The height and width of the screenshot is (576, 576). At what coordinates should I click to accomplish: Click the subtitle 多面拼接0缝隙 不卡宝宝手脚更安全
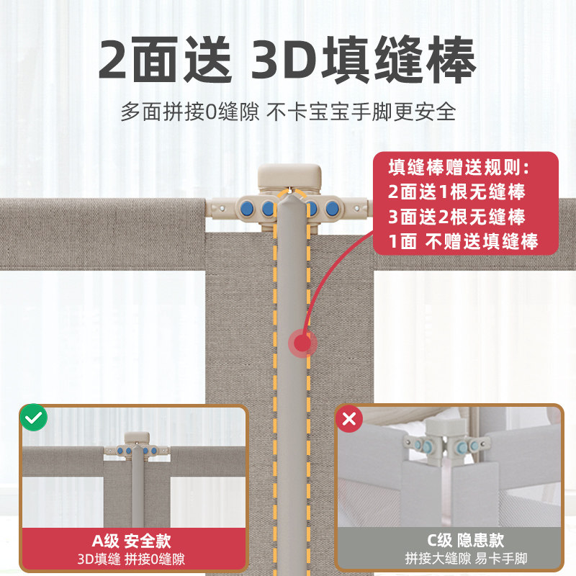click(x=287, y=112)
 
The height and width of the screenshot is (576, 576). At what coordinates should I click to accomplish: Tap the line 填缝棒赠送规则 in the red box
click(x=459, y=168)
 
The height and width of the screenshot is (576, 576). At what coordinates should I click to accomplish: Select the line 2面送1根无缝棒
click(x=456, y=192)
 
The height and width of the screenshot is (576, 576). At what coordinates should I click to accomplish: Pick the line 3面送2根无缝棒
click(x=456, y=217)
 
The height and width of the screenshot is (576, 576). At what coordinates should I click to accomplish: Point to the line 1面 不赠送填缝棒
click(x=463, y=241)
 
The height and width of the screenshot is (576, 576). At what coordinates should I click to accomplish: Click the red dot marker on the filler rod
click(x=302, y=343)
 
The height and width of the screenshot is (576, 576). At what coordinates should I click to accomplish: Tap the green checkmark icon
click(x=33, y=418)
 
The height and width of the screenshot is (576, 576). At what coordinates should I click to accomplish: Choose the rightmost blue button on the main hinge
click(x=332, y=210)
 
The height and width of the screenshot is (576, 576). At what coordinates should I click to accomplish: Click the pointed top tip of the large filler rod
click(x=291, y=196)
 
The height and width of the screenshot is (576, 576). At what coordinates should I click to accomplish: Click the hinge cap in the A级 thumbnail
click(x=136, y=438)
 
